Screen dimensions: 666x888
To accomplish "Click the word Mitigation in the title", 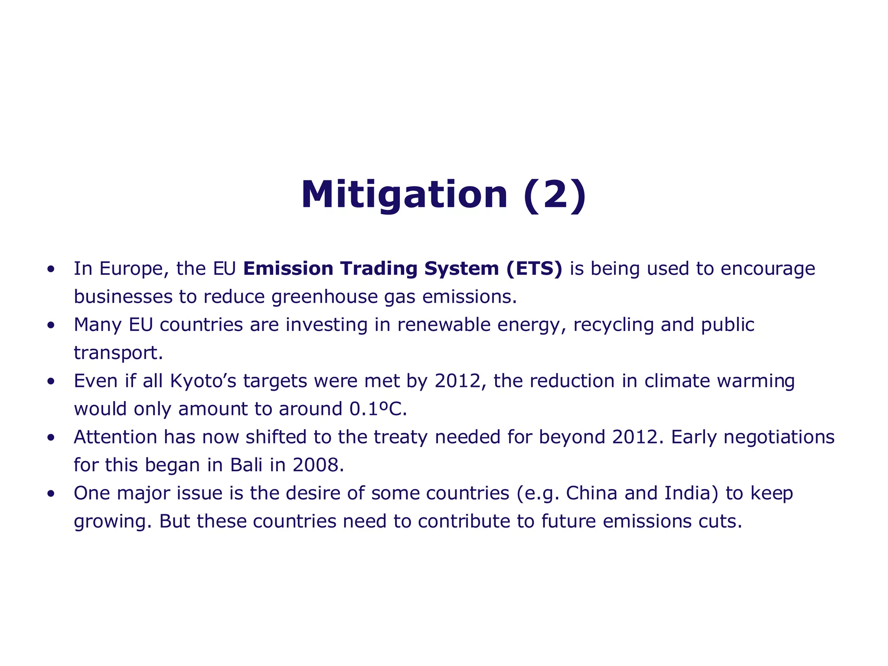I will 404,195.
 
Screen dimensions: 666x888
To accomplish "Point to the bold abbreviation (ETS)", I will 534,269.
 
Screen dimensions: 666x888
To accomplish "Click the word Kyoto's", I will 203,382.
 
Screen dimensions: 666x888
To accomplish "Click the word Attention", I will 115,437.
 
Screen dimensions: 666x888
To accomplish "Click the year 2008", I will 318,465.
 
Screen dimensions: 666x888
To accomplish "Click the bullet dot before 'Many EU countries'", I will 51,325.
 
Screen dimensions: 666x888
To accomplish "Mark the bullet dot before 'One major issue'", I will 51,493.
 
